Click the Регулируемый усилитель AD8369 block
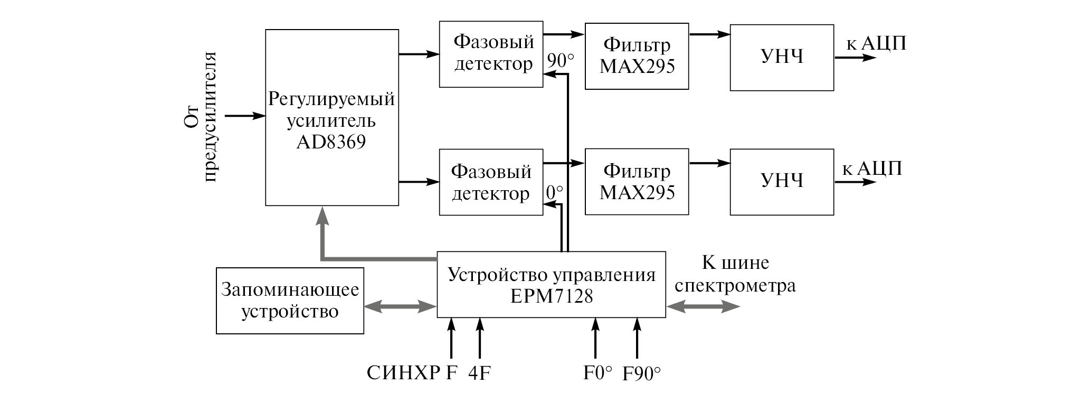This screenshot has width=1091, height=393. click(x=331, y=117)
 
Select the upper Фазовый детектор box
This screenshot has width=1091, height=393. click(x=491, y=54)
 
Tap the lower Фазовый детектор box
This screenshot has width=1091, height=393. click(x=491, y=182)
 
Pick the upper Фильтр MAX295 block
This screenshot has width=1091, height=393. click(x=637, y=56)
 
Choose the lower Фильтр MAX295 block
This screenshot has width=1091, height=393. click(x=637, y=182)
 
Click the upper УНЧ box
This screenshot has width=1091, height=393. click(x=782, y=57)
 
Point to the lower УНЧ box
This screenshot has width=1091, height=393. click(x=782, y=182)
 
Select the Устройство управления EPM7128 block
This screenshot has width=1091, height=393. click(x=551, y=285)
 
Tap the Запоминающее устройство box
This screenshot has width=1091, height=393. click(x=290, y=301)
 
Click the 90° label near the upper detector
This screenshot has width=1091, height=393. click(x=560, y=61)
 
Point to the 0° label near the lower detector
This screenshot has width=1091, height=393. click(x=554, y=193)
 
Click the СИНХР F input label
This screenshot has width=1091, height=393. click(x=412, y=373)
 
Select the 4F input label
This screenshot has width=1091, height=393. click(x=479, y=373)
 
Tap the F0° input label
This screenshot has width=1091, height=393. click(x=597, y=373)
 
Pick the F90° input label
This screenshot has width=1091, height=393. click(x=642, y=373)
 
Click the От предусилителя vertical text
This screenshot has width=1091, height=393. click(x=202, y=116)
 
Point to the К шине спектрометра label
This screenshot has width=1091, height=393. click(x=735, y=274)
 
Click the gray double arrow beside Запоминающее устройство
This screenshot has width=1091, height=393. click(x=400, y=306)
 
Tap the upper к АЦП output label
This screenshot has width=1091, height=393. click(x=876, y=44)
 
